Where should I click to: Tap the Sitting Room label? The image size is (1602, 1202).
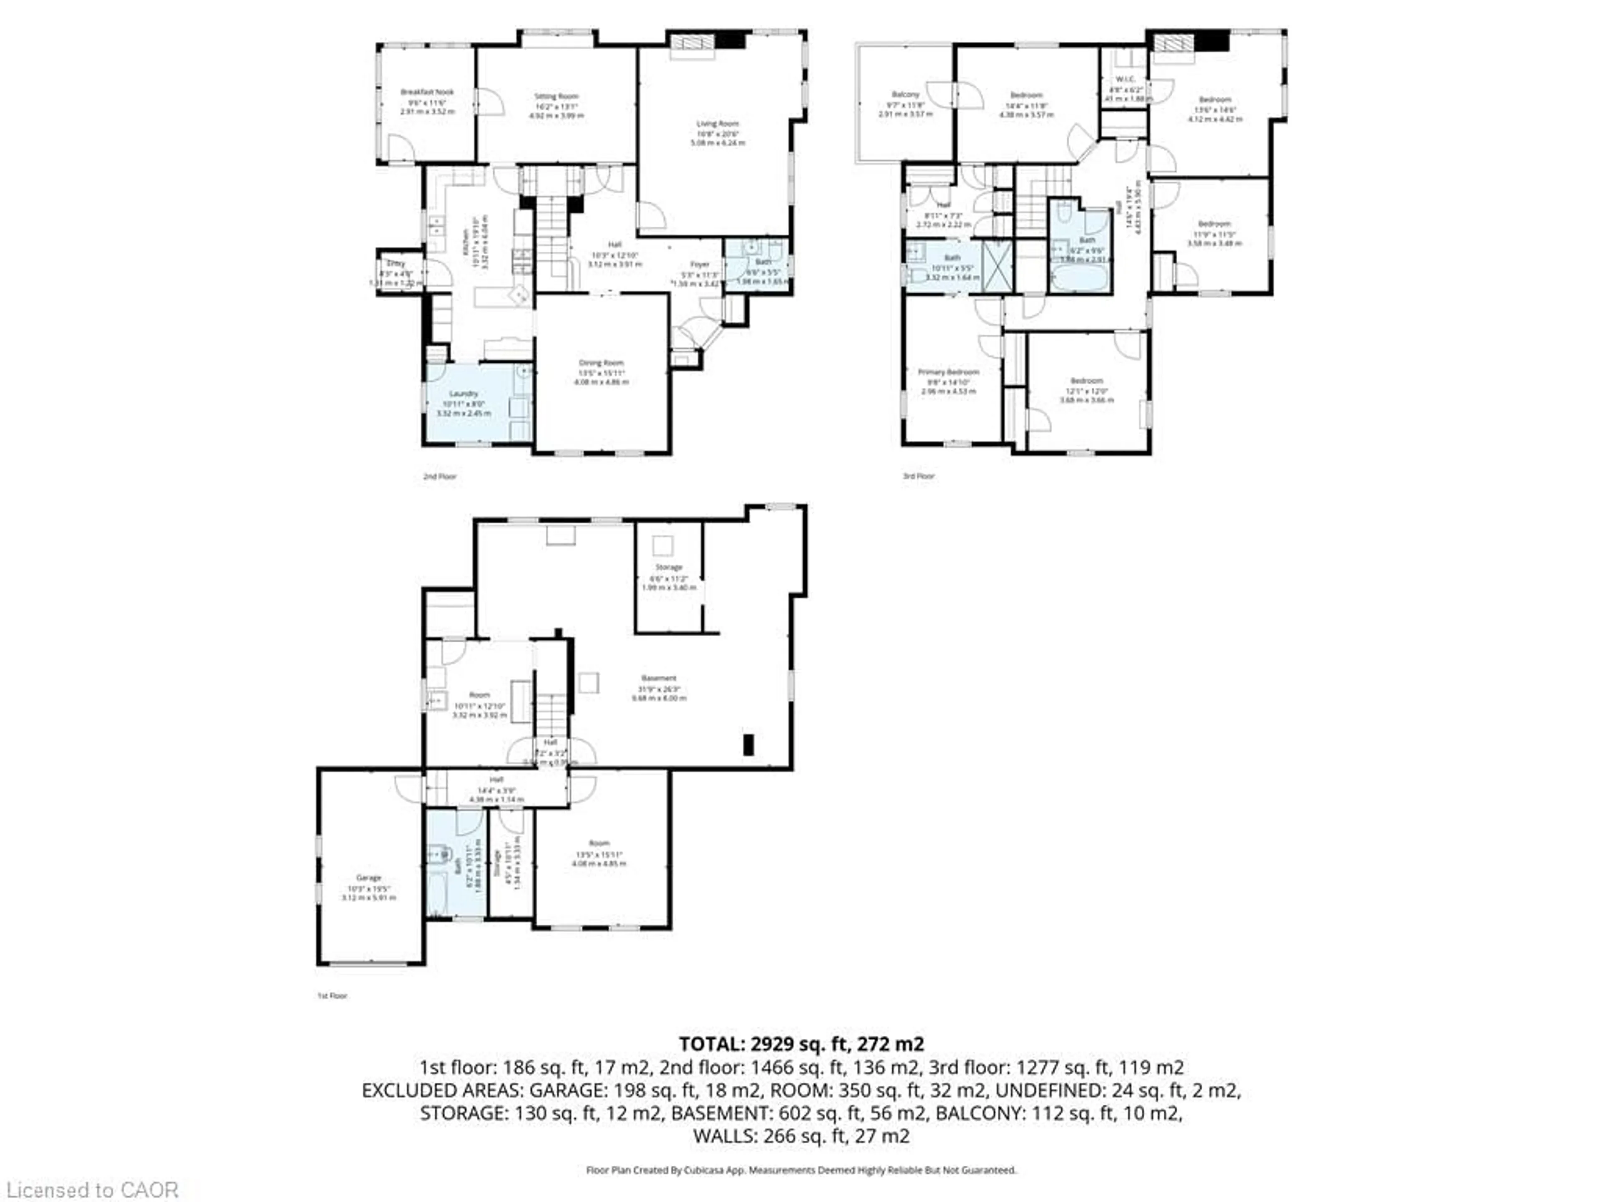click(x=556, y=96)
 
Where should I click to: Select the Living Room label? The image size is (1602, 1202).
click(x=717, y=124)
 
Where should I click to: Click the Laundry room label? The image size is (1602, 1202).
click(x=463, y=394)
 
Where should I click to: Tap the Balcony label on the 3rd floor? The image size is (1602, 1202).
click(x=905, y=94)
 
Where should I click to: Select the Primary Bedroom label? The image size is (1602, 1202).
click(x=948, y=372)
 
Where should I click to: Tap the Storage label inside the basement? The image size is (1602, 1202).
click(x=668, y=567)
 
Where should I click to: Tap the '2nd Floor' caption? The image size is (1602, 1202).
click(x=440, y=476)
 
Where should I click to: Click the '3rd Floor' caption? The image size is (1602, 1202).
click(x=918, y=476)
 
